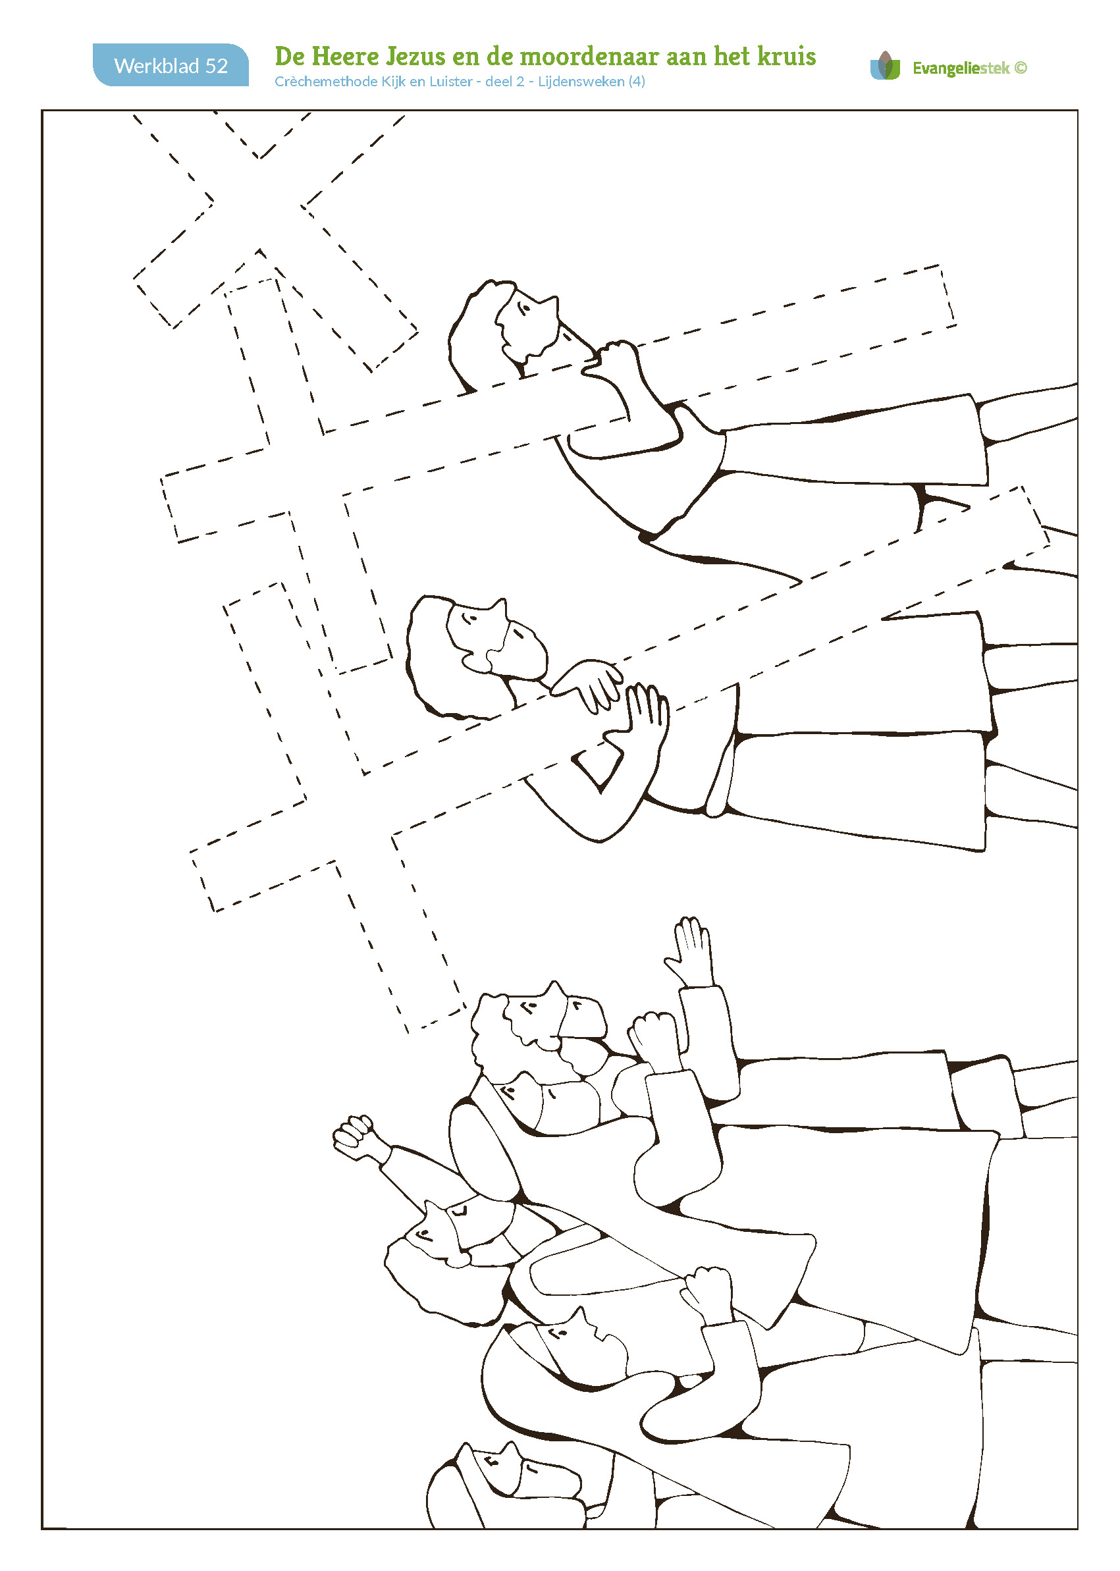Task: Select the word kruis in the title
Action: pyautogui.click(x=786, y=56)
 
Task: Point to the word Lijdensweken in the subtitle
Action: pyautogui.click(x=581, y=82)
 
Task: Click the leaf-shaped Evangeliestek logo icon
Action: pyautogui.click(x=885, y=66)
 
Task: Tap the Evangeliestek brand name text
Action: pyautogui.click(x=961, y=68)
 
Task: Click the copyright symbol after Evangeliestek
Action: pyautogui.click(x=1021, y=68)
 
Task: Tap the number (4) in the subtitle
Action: pyautogui.click(x=637, y=82)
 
